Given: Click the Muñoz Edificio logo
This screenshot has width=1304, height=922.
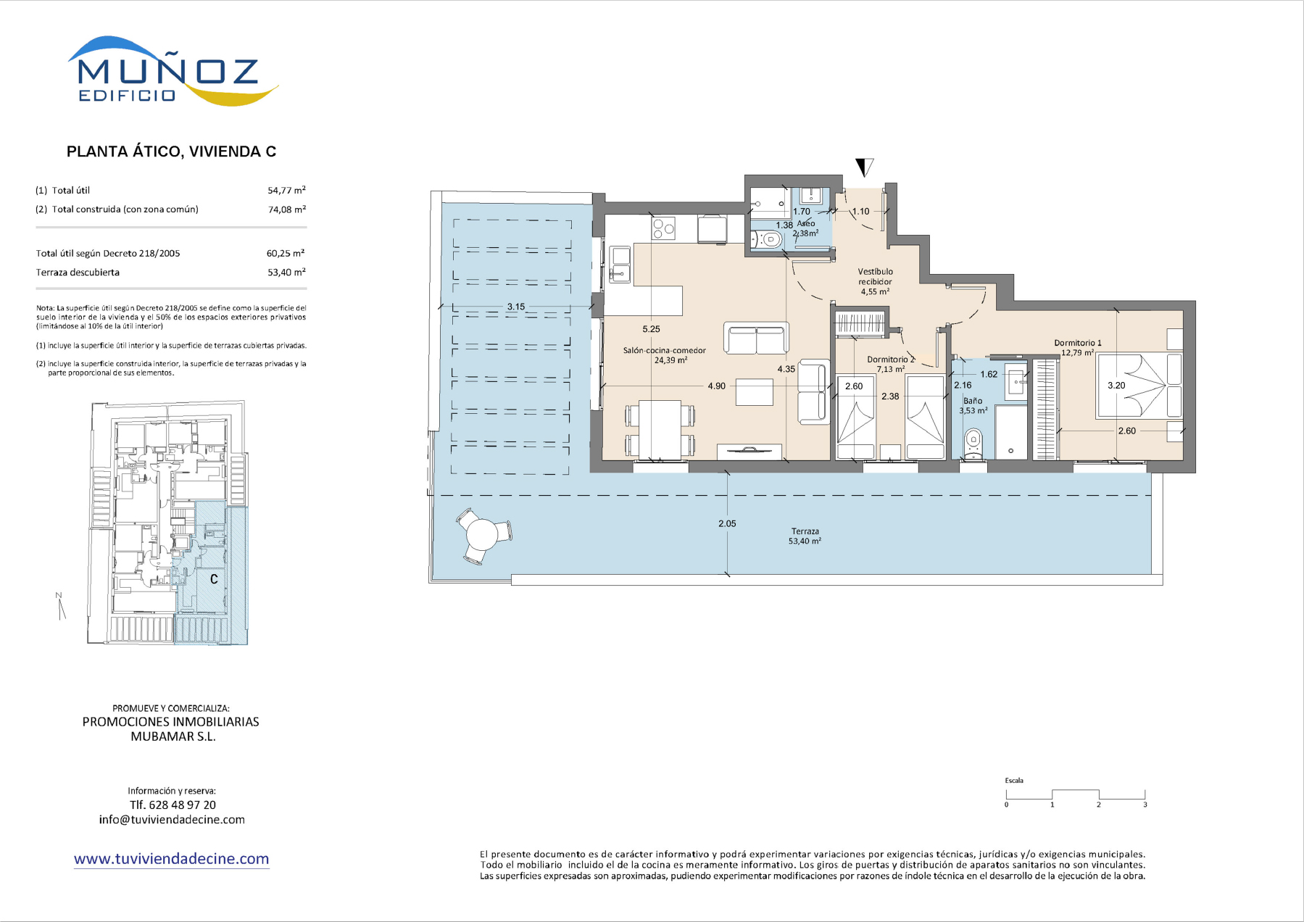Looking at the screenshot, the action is point(173,71).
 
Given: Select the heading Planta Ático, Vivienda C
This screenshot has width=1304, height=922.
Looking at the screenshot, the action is point(171,151).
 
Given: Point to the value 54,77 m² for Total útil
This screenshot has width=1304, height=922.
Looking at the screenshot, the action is point(286,190).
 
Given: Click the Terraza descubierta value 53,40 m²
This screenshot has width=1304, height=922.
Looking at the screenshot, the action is point(286,273).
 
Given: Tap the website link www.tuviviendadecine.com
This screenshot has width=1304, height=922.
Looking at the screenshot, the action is point(172,859).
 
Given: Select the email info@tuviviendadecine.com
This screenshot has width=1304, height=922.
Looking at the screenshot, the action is point(172,820).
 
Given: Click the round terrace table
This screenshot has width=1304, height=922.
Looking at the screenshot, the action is point(481,535).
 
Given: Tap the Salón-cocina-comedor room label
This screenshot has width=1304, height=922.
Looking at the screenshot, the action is point(665,350).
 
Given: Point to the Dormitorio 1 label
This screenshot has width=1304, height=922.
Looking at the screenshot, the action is point(1078,343).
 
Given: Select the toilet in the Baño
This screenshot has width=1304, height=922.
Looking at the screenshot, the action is point(973,442).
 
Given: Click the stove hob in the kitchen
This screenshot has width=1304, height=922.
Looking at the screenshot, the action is point(663,228).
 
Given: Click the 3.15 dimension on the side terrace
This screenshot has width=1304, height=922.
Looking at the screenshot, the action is point(516,307).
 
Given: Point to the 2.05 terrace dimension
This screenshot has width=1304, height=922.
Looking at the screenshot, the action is point(727,523).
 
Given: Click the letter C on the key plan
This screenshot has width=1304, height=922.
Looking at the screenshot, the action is point(214,579).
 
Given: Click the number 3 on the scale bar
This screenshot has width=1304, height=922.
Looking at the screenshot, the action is point(1145,805).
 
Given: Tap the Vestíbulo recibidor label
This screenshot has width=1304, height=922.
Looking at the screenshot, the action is point(876,277).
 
